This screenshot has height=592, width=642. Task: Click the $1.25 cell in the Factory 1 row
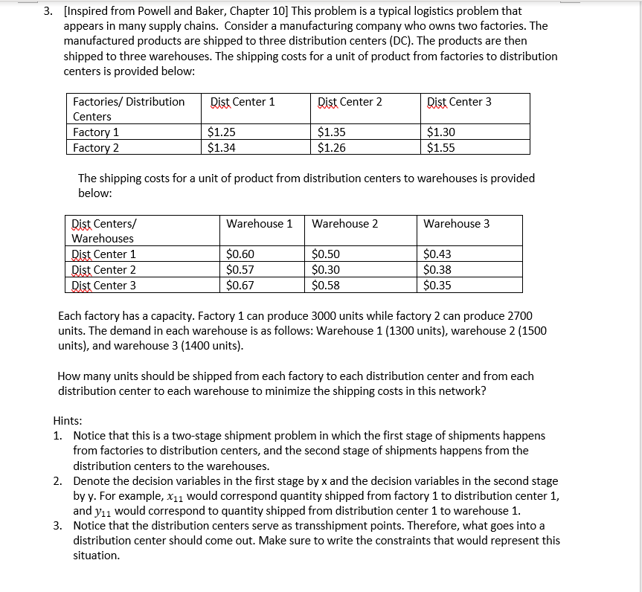coord(222,132)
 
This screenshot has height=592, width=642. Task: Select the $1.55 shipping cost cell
coord(441,147)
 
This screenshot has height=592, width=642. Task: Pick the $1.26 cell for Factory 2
coord(331,147)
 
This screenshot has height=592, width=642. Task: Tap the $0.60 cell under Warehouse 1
coord(240,254)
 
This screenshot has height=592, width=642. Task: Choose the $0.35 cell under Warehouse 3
coord(437,285)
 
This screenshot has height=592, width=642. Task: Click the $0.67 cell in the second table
coord(240,285)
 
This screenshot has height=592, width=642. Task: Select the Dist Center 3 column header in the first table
coord(459,102)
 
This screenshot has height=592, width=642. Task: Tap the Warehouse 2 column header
coord(344,223)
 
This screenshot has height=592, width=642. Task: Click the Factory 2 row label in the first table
coord(96,147)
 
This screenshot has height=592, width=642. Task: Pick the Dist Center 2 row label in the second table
coord(103,270)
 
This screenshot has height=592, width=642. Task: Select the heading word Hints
coord(68,420)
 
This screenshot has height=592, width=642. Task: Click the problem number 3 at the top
coord(47,11)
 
